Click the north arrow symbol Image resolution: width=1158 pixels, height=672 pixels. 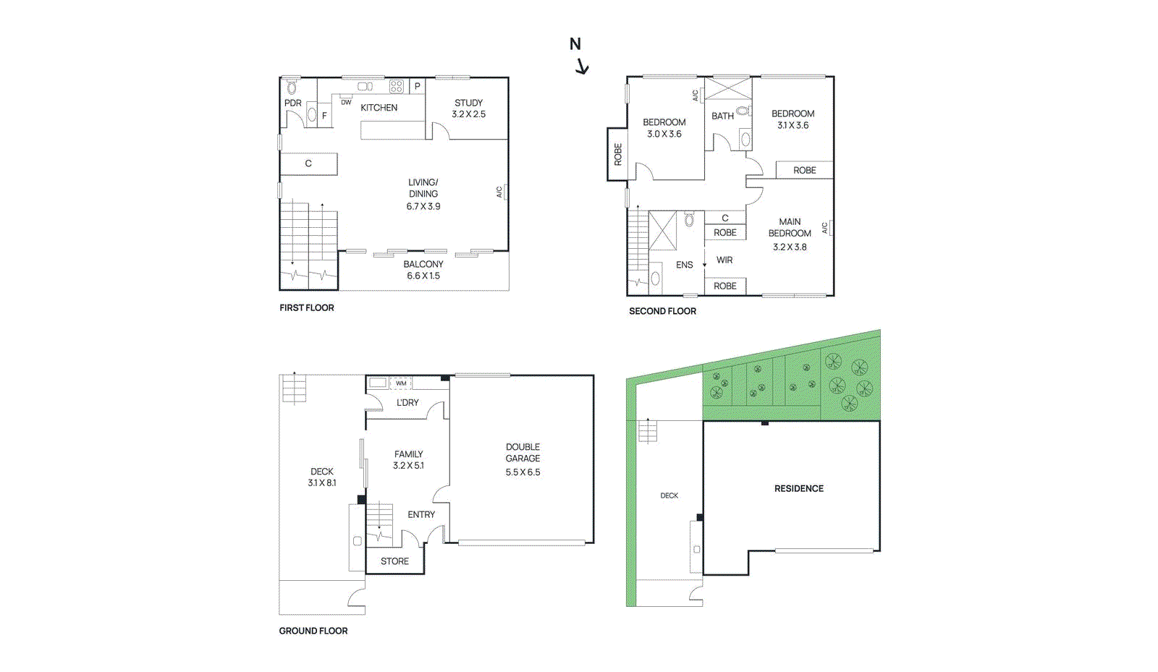pos(582,67)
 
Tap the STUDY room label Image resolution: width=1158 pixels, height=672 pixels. pos(468,103)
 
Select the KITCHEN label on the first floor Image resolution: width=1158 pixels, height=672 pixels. pos(379,108)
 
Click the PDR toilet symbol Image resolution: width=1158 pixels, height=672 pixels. pos(292,88)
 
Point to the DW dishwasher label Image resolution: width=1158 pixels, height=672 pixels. pos(346,103)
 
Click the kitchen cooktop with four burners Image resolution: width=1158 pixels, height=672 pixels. pos(396,87)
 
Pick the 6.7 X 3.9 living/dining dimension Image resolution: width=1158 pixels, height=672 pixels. pos(423,206)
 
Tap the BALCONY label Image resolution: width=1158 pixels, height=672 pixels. pos(423,264)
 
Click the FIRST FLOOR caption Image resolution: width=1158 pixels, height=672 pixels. pos(307,307)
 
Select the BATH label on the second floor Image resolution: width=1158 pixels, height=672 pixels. pos(722,116)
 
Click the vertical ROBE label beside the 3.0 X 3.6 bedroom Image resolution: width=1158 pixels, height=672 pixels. pos(618,154)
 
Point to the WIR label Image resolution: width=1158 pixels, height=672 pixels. pos(724,260)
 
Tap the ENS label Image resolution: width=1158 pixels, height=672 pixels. pos(684,265)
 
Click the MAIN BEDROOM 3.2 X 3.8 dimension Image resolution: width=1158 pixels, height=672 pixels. pos(789,247)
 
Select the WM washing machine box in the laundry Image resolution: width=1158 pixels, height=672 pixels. pos(401,383)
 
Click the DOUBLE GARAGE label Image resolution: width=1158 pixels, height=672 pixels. pos(523,452)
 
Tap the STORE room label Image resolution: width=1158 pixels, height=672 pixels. pos(394,561)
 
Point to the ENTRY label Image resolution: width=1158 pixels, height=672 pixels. pos(421,514)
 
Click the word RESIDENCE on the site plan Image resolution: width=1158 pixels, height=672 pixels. pos(798,488)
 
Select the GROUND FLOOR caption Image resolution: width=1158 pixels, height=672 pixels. pos(313,631)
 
